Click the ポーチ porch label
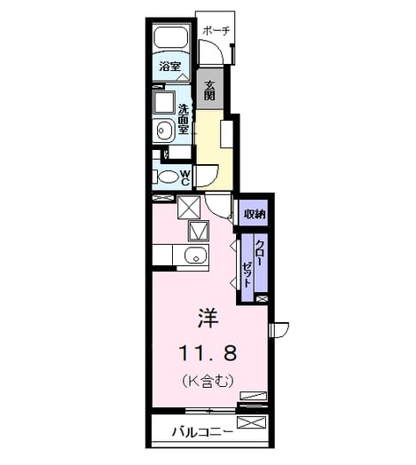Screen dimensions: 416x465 [x=216, y=31]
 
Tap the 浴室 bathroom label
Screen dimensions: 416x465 [x=169, y=67]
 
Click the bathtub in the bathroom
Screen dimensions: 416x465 [x=171, y=37]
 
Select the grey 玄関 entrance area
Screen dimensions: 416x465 [x=210, y=89]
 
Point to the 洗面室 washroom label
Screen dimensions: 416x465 [x=184, y=119]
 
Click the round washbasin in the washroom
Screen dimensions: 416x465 [x=165, y=130]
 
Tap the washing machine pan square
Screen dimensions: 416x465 [x=164, y=102]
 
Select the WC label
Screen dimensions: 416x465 [x=185, y=177]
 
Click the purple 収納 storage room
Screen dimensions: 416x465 [x=254, y=213]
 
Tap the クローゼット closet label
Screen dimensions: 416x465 [x=254, y=264]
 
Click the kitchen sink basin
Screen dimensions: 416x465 [x=196, y=256]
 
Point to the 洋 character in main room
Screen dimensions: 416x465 [x=208, y=319]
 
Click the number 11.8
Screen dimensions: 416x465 [x=208, y=353]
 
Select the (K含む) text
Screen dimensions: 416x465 [x=208, y=381]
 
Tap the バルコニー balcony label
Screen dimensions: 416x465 [x=202, y=432]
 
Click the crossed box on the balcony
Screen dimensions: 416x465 [x=251, y=422]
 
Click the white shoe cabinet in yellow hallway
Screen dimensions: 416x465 [x=226, y=133]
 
